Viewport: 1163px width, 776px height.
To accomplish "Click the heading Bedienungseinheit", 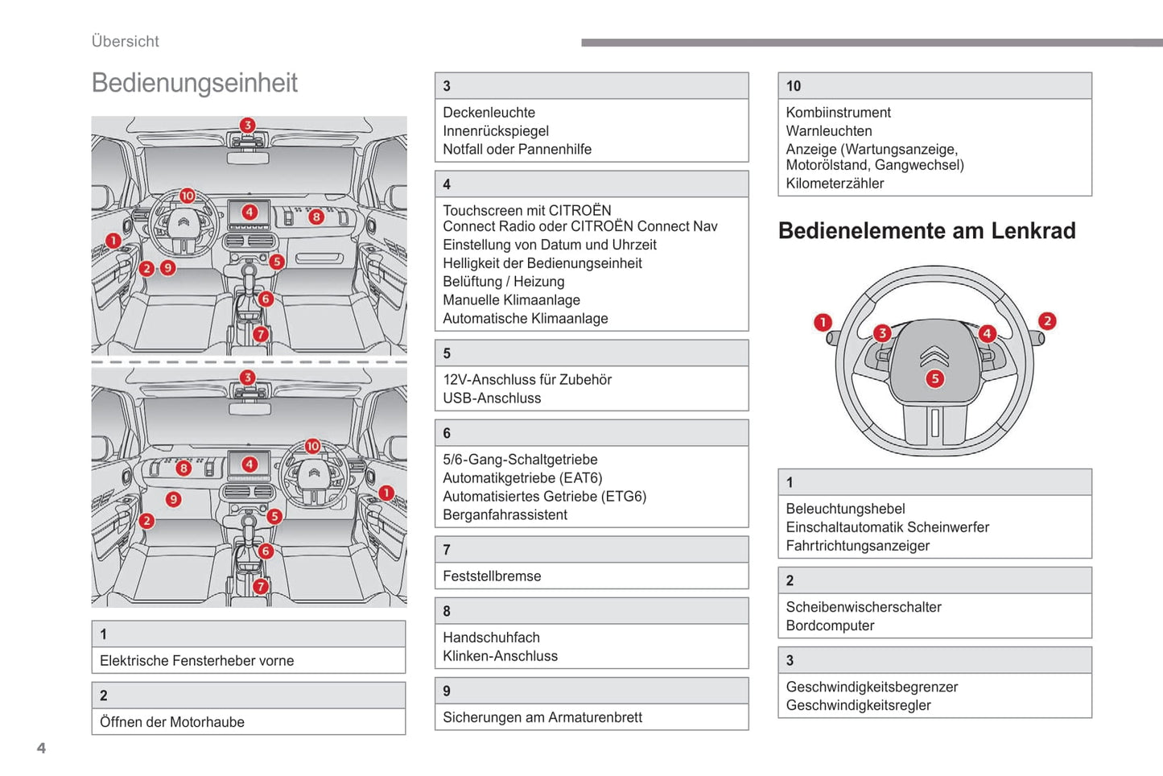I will tap(194, 83).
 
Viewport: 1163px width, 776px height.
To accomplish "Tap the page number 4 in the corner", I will tap(41, 748).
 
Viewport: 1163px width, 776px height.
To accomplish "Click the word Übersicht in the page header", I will tap(125, 41).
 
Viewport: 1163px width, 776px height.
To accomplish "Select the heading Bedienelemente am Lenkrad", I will tap(926, 231).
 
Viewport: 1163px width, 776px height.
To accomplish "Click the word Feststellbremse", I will tap(492, 576).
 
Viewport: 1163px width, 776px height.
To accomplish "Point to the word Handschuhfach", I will tap(491, 638).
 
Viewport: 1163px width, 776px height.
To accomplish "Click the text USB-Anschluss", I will tap(492, 398).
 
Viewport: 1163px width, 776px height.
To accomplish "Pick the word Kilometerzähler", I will tap(835, 184).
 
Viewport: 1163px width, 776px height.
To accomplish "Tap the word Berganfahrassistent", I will tap(505, 515).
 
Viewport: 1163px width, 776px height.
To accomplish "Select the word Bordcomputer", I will tap(830, 626).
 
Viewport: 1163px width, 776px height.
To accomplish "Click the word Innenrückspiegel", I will tap(496, 131).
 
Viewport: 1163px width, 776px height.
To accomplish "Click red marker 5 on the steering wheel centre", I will tap(934, 378).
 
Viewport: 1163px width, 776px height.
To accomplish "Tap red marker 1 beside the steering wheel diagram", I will tap(823, 323).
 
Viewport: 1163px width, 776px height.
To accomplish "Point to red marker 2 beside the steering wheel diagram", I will tap(1046, 321).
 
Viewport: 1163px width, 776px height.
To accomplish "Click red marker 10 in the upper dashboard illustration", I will tap(188, 196).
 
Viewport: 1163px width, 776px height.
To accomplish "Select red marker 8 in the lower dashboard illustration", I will tap(184, 468).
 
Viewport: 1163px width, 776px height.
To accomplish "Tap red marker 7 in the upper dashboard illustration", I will tap(260, 334).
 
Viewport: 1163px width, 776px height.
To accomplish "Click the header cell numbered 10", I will tap(934, 86).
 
